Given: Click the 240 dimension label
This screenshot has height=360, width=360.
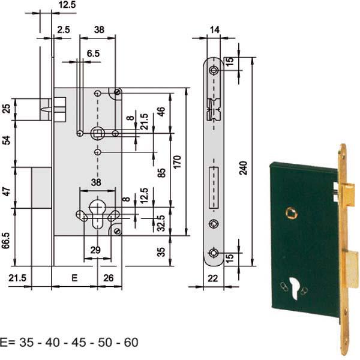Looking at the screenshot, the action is (244, 168).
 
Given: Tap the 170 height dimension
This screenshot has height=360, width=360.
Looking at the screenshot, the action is (177, 162).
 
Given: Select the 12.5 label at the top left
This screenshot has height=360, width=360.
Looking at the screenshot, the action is (67, 5).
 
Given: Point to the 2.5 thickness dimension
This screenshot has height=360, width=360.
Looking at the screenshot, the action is (64, 29).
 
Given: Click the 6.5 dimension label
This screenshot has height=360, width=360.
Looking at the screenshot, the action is (93, 53).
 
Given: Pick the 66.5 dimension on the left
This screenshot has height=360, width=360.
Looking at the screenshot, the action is (6, 241).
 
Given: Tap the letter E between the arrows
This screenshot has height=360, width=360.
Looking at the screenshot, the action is (74, 278).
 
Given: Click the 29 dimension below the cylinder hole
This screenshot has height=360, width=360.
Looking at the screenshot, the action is (95, 250).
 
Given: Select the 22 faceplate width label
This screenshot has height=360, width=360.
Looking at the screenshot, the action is (212, 278).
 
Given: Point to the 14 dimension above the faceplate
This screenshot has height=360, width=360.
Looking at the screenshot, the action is (215, 30).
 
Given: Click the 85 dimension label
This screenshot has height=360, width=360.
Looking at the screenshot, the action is (161, 173).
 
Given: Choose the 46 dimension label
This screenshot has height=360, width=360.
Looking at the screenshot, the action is (161, 112).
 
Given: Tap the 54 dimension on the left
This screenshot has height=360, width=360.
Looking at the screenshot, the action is (7, 140).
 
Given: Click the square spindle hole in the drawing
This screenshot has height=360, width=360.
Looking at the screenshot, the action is (98, 133).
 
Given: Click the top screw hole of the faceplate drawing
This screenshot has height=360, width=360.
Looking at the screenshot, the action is (214, 70).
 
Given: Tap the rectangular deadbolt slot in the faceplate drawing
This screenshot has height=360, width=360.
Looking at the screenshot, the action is (214, 188).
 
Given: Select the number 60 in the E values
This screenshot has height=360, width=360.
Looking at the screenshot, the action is (131, 343).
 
